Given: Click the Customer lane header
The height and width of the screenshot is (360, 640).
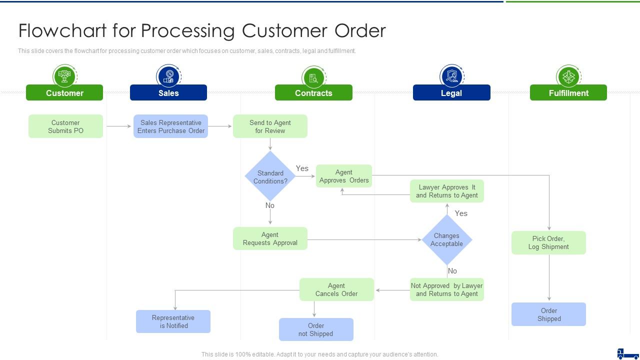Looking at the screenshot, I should click(x=64, y=93).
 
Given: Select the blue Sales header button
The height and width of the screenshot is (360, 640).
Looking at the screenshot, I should click(x=168, y=93).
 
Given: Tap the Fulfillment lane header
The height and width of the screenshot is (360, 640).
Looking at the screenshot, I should click(x=568, y=93).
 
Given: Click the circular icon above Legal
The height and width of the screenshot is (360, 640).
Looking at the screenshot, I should click(x=451, y=76).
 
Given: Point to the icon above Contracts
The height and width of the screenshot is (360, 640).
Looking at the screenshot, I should click(x=313, y=77).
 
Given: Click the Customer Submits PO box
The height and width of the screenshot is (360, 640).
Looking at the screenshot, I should click(x=65, y=126).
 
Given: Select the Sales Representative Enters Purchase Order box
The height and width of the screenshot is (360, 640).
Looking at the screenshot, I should click(x=170, y=126).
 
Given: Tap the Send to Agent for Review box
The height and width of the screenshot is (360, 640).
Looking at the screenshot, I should click(x=270, y=126).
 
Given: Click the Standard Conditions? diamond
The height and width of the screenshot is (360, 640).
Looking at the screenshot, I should click(x=270, y=176).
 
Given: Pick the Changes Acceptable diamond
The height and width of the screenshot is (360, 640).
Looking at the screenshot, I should click(x=446, y=239).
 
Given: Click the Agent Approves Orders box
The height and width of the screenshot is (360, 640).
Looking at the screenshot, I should click(x=344, y=176).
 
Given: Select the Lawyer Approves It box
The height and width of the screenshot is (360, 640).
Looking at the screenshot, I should click(x=447, y=191).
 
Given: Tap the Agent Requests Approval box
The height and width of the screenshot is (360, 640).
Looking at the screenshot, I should click(x=270, y=238).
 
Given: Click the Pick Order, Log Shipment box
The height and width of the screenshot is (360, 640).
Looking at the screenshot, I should click(x=548, y=242).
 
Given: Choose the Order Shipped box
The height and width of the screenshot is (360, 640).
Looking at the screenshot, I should click(x=548, y=314).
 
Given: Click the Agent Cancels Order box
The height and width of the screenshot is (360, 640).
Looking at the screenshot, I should click(x=336, y=289).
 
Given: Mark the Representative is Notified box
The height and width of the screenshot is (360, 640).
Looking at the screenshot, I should click(x=173, y=321).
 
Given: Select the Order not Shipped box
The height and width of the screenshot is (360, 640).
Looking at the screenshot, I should click(x=316, y=329).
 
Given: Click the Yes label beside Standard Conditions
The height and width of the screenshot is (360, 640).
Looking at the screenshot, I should click(x=302, y=168).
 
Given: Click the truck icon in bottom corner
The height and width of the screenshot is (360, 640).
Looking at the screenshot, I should click(x=628, y=353).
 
